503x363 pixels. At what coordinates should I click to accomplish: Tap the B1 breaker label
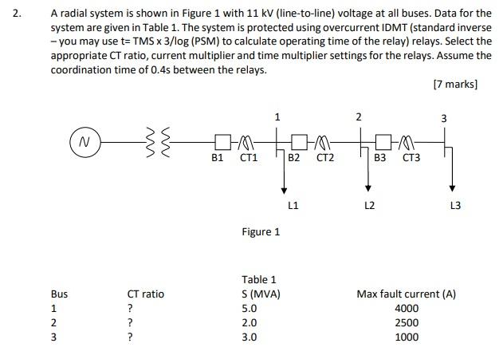coord(217,159)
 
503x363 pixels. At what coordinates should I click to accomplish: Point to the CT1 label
coord(249,159)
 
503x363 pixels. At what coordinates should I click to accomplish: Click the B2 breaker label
coord(293,159)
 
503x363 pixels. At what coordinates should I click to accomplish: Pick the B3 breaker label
coord(380,159)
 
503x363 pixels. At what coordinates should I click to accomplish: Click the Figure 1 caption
coord(261,232)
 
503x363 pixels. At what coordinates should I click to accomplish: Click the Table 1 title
coord(259,279)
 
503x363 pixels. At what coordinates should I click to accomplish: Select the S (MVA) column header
coord(261,294)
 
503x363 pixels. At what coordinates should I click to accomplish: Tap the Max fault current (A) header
coord(406,294)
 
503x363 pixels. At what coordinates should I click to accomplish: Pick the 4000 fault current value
coord(407,308)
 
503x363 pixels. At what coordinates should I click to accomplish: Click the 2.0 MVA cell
coord(249,322)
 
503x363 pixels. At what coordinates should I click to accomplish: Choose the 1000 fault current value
coord(407,337)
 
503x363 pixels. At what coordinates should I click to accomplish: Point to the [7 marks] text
coord(455,84)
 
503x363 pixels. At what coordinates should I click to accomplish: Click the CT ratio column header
coord(146,294)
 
